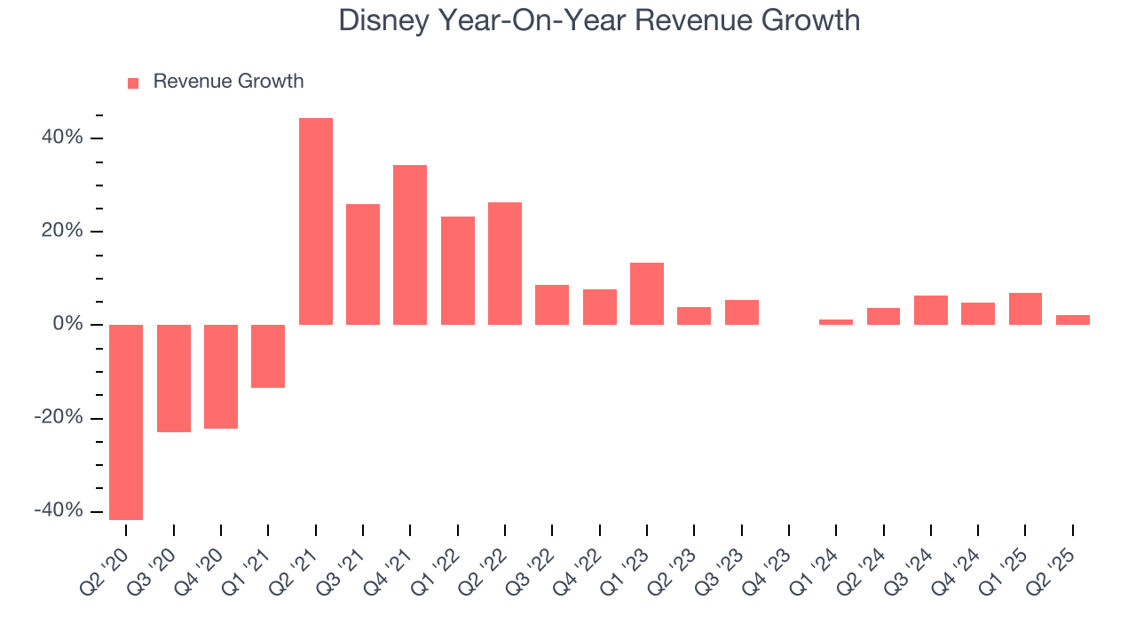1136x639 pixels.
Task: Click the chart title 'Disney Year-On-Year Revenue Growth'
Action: coord(599,20)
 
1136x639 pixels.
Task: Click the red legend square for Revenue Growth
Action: coord(133,83)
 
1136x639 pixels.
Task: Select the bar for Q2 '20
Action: coord(126,422)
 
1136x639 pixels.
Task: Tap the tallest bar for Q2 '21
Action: coord(316,221)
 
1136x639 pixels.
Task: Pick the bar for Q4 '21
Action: coord(410,244)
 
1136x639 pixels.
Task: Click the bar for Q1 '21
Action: coord(268,356)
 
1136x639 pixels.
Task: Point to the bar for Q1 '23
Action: coord(647,294)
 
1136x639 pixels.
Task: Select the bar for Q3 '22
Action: coord(552,304)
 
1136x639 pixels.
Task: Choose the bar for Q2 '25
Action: coord(1073,319)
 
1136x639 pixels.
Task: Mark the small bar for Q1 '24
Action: coord(836,322)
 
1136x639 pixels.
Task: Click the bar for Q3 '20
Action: coord(174,378)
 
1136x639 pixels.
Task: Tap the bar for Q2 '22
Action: coord(505,263)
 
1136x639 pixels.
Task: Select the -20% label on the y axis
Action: coord(59,418)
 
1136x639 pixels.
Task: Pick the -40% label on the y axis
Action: coord(59,511)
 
